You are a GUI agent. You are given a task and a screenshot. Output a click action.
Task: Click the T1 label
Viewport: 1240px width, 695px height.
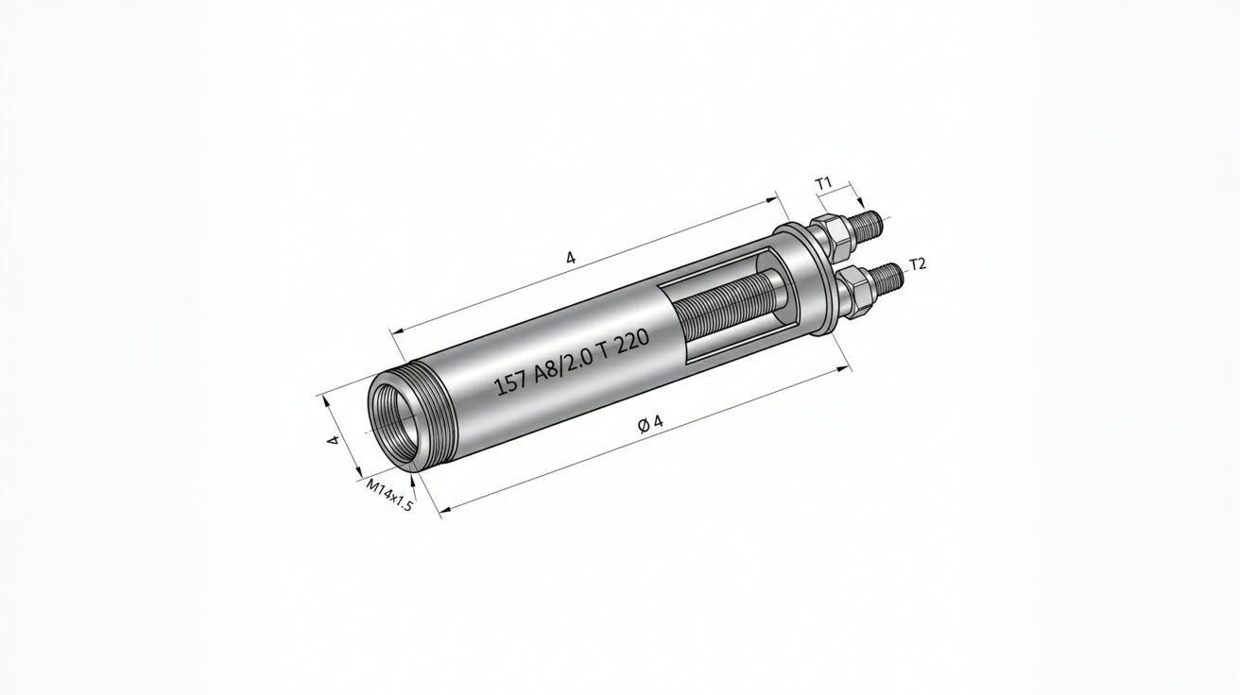pos(825,184)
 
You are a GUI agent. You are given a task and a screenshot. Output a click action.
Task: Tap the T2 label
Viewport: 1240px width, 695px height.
pos(918,264)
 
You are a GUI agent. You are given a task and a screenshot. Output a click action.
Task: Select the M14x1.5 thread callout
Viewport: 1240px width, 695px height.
pos(389,496)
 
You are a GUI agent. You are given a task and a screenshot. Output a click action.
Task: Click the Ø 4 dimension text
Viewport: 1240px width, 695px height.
pos(650,424)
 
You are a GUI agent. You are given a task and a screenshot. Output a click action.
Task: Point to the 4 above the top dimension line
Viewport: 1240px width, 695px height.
pos(571,257)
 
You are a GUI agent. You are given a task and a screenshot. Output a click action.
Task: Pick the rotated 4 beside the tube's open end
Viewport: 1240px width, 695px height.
pos(333,440)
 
